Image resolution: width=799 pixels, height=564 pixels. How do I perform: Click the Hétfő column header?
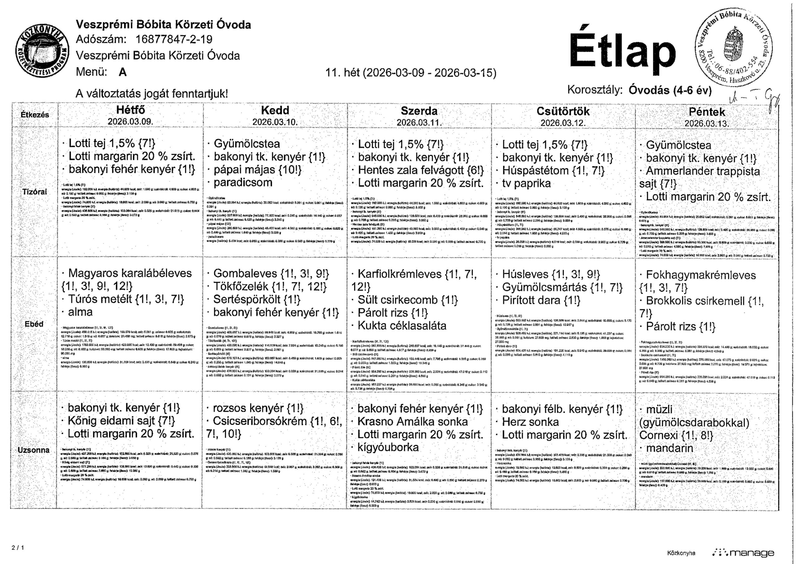(x=130, y=110)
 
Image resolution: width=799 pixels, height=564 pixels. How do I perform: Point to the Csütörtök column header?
(x=563, y=111)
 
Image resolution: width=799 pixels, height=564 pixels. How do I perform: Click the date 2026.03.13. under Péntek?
(x=706, y=124)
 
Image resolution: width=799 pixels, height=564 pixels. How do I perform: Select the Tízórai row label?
(x=34, y=192)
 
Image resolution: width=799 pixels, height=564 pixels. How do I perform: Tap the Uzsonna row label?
(x=34, y=450)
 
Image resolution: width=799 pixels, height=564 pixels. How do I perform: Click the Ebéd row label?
(x=34, y=324)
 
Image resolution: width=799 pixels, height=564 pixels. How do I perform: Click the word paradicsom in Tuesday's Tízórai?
(x=243, y=182)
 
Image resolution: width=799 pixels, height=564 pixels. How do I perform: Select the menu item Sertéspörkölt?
(x=257, y=299)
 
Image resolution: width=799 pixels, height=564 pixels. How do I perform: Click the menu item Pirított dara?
(x=541, y=300)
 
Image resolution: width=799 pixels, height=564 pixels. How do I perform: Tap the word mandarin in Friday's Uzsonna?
(x=669, y=448)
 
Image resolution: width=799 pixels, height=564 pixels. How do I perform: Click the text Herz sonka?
(x=530, y=422)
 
